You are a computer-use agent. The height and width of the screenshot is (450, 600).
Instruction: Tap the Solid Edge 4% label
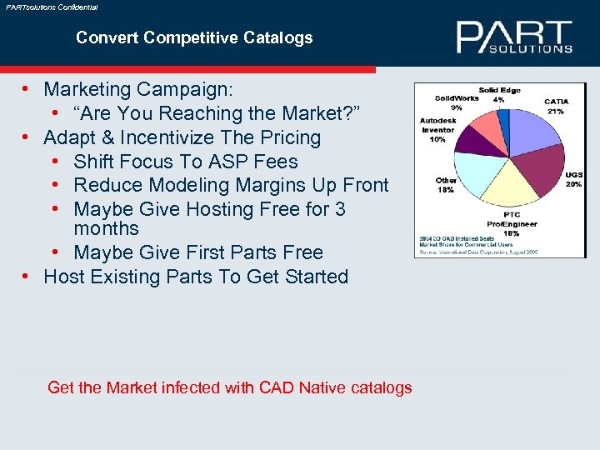498,94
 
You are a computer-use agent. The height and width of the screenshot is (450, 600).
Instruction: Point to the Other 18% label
446,184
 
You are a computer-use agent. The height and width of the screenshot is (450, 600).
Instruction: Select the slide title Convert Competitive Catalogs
194,37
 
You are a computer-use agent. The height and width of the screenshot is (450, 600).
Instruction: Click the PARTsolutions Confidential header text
51,7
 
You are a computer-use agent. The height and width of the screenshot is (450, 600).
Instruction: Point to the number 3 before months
340,209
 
